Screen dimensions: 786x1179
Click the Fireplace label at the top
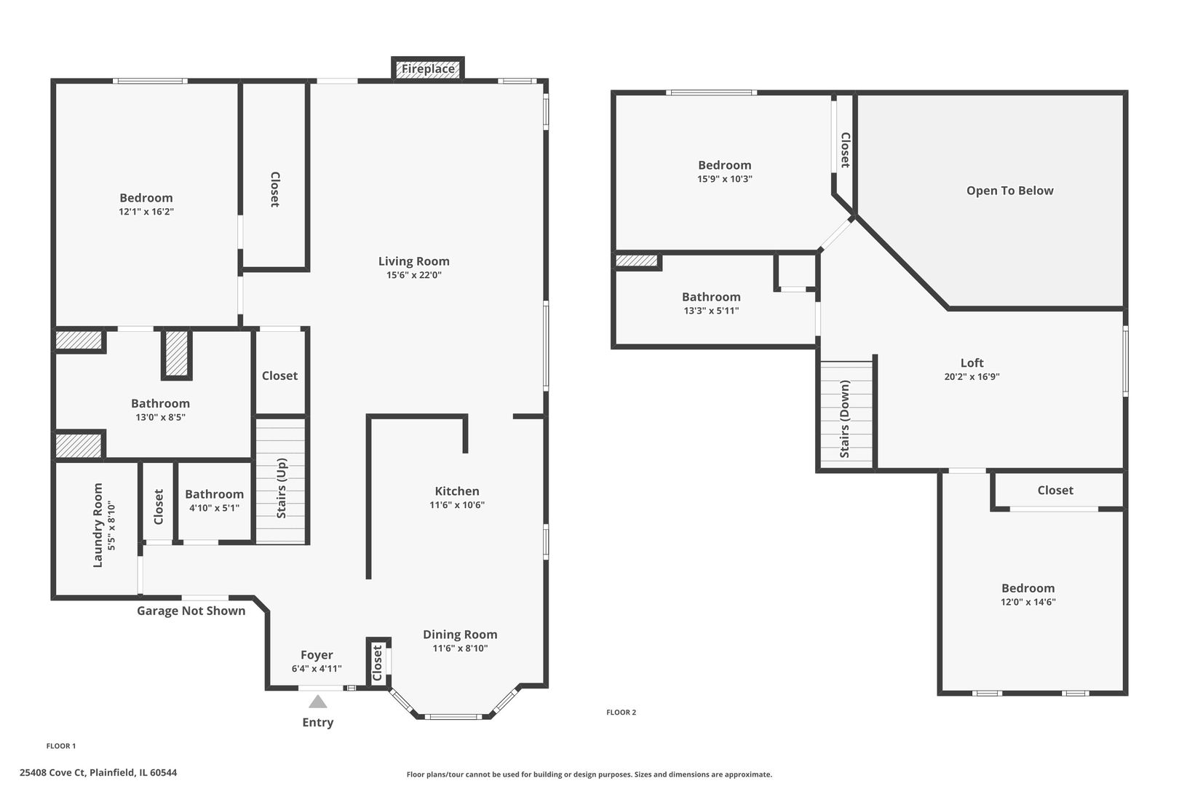tap(428, 69)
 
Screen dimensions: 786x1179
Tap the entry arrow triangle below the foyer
tap(318, 702)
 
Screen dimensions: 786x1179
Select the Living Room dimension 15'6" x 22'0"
tap(414, 275)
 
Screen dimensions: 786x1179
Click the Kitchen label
tap(457, 491)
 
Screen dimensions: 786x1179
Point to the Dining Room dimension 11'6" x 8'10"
tap(460, 648)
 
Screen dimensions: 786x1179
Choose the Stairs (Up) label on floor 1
tap(282, 488)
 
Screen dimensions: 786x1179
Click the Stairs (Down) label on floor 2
tap(845, 418)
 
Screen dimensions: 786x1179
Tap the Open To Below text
tap(1009, 191)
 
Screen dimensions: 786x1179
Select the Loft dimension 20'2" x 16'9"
tap(972, 377)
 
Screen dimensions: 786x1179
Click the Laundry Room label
tap(98, 525)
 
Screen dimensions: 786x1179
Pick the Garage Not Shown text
tap(191, 611)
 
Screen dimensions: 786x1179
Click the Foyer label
tap(317, 655)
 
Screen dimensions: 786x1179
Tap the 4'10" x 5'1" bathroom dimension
tap(214, 508)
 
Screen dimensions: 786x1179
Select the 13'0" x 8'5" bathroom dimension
tap(160, 417)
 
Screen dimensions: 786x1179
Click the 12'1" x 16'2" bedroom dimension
tap(146, 212)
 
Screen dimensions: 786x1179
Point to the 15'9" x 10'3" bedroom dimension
tap(724, 179)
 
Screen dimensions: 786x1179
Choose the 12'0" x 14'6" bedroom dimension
tap(1028, 602)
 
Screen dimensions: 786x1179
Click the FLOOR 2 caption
tap(621, 712)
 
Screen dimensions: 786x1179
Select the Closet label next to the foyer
tap(377, 663)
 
